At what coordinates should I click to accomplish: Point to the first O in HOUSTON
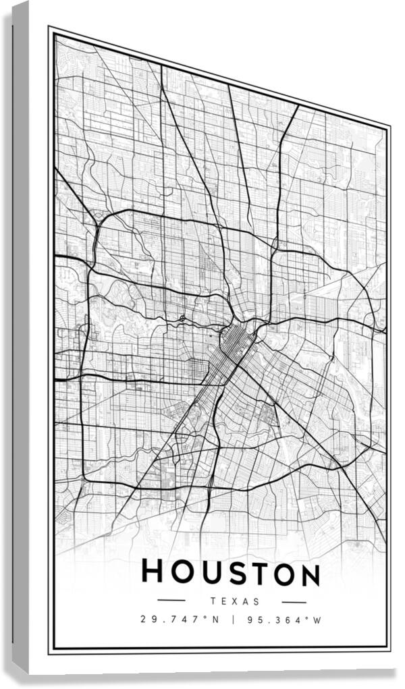tap(178, 573)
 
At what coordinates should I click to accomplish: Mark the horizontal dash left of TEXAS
tap(171, 599)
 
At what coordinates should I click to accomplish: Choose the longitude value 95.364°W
tap(284, 619)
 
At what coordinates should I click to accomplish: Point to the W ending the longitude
tap(317, 620)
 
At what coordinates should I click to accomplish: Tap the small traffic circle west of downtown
tap(183, 316)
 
